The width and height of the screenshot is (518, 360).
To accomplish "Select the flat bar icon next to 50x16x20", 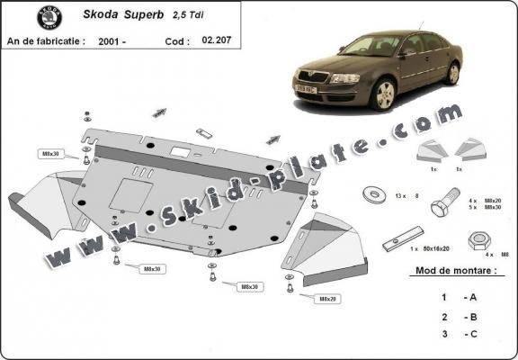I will pyautogui.click(x=392, y=243).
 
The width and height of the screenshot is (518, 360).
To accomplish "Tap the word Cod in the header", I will pyautogui.click(x=177, y=41).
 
